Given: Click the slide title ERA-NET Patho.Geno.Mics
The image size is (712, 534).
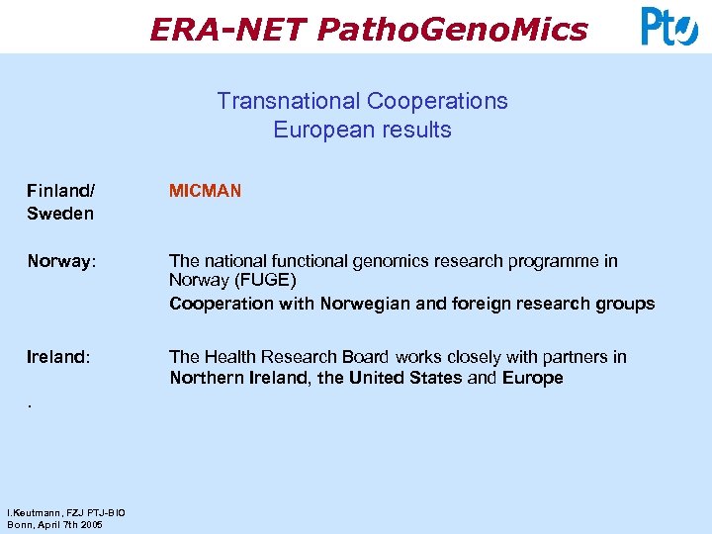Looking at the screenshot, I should coord(368,30).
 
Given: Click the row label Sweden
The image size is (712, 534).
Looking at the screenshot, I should coord(60,213).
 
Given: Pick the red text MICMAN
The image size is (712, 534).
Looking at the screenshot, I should coord(205,190).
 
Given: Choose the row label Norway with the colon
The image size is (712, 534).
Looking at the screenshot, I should coord(62,261).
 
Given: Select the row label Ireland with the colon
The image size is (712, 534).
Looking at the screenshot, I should coord(59,357).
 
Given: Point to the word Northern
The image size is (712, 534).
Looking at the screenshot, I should coord(205,378).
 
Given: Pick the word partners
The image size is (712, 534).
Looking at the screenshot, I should coord(571,357).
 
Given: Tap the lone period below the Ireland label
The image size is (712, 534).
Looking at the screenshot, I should coord(30,404).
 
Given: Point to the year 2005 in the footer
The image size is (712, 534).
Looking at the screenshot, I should coord(91,524).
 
